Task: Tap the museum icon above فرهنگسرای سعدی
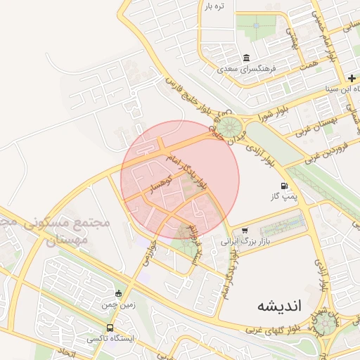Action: click(246, 58)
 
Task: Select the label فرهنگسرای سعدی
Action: click(247, 70)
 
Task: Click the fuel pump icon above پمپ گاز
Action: click(284, 186)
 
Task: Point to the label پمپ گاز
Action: click(285, 198)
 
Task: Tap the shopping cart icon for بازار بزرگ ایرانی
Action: click(245, 230)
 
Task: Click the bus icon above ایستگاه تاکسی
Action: click(110, 328)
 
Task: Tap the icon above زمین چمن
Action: click(118, 293)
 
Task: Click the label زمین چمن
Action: click(117, 304)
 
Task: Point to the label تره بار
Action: click(214, 6)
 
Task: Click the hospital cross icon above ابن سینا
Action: click(352, 78)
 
